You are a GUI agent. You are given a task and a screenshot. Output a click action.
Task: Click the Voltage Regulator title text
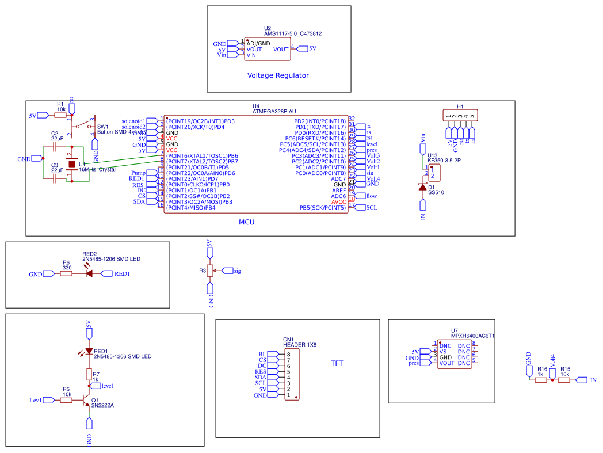(278, 75)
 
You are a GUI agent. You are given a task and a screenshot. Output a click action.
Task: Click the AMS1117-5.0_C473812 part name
(292, 34)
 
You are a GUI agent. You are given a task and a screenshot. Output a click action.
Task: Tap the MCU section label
(246, 222)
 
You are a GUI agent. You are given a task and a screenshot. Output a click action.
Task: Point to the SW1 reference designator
(102, 127)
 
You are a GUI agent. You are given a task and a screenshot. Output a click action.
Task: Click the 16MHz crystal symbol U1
(72, 165)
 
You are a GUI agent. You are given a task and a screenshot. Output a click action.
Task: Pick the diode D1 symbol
(423, 187)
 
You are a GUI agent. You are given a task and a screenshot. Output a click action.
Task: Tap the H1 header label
(460, 107)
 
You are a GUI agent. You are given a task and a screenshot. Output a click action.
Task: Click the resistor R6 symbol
(67, 274)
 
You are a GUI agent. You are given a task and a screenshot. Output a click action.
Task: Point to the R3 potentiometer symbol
(209, 271)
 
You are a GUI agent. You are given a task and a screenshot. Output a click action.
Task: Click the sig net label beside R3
(237, 271)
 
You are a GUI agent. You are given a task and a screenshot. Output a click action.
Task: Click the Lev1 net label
(36, 400)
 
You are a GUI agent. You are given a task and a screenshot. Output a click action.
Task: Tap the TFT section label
(337, 363)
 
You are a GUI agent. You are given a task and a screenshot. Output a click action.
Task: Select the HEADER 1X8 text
(299, 344)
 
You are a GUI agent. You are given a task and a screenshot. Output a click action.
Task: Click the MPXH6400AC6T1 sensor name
(472, 336)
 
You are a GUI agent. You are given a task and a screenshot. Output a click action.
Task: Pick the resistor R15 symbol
(564, 380)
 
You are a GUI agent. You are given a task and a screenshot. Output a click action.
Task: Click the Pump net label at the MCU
(138, 173)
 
